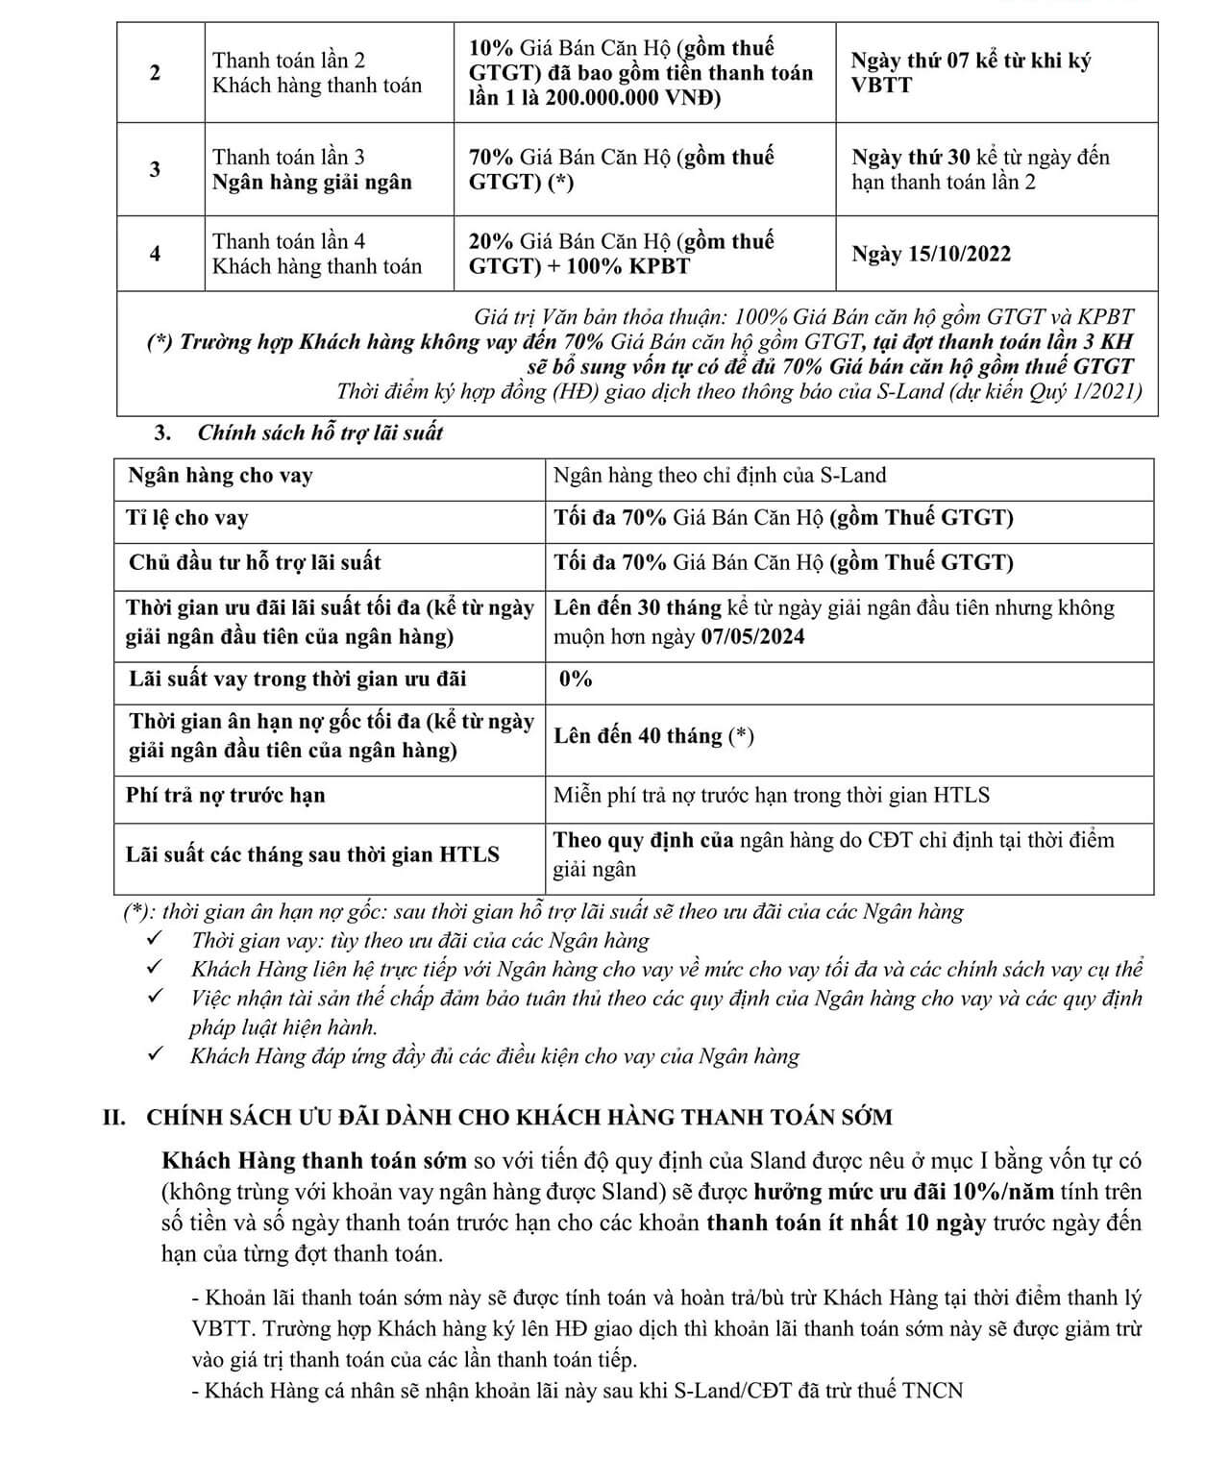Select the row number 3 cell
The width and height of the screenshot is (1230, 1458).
156,170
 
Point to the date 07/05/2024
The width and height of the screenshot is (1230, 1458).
752,637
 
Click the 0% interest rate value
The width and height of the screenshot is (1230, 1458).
576,680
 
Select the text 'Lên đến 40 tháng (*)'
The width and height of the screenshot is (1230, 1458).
653,736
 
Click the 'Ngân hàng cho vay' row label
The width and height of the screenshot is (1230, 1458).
220,476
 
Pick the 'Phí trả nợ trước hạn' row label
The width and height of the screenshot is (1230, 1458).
226,795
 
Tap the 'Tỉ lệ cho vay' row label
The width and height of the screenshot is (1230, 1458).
187,518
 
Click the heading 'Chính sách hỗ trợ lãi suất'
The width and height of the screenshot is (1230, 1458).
320,432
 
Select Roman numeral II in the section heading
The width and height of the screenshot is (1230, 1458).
115,1117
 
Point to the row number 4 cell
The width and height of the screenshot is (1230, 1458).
156,254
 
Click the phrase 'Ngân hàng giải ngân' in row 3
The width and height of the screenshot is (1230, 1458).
312,183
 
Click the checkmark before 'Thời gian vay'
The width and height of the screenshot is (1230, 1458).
155,939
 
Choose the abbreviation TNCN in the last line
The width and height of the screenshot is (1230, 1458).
932,1390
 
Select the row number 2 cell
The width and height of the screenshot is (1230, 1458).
156,73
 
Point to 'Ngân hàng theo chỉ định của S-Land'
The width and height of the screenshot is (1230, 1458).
720,476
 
